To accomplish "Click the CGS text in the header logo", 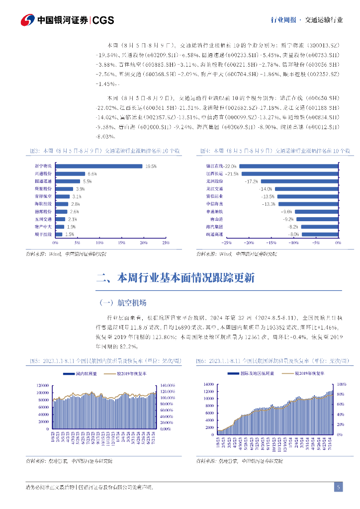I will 103,20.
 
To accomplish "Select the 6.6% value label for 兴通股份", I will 92,174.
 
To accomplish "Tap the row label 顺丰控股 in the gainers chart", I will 43,234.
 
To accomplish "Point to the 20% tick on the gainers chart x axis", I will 144,243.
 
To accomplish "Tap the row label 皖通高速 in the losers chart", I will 214,234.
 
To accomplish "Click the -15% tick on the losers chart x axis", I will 271,243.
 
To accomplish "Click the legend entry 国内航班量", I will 80,373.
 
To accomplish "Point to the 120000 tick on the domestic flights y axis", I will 42,385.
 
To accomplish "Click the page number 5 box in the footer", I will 338,487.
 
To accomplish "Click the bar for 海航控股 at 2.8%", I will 62,204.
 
